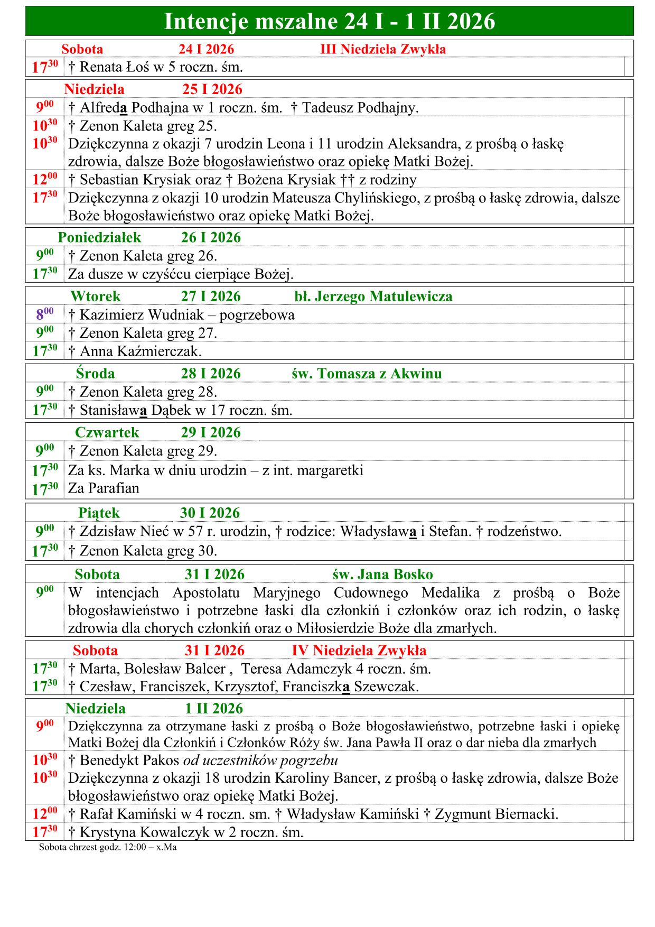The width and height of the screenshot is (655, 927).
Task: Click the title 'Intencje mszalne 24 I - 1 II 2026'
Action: tap(330, 22)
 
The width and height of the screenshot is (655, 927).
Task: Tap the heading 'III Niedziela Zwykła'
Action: tap(383, 50)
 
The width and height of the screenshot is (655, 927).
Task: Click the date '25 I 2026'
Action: tap(212, 89)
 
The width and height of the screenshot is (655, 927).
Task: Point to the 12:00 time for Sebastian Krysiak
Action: tap(44, 179)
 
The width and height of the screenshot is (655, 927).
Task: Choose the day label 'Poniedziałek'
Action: tap(99, 237)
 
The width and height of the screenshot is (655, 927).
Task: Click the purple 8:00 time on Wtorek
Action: tap(44, 314)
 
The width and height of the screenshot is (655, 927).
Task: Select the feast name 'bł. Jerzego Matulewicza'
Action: tap(373, 296)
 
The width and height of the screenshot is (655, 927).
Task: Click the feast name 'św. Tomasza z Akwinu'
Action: tap(367, 374)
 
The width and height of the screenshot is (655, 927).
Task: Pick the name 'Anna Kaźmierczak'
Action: tap(139, 351)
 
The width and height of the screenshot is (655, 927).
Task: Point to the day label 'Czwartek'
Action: tap(107, 432)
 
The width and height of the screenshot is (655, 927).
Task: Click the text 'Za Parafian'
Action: tap(104, 488)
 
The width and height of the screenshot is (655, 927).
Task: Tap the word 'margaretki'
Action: tap(330, 470)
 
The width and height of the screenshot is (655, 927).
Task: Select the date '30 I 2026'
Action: tap(210, 513)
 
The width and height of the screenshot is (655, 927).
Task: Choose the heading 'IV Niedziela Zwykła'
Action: tap(359, 650)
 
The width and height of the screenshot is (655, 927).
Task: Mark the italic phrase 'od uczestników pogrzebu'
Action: tap(260, 761)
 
